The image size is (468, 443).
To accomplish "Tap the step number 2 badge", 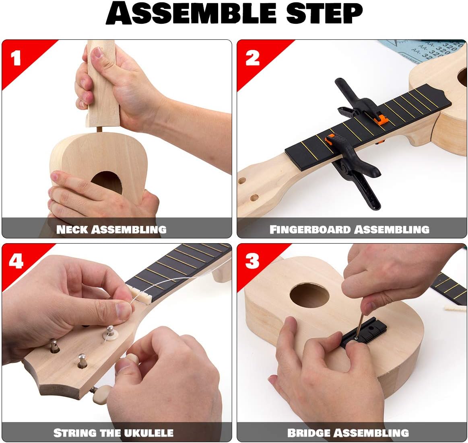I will pos(253,58).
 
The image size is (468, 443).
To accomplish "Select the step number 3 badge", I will pos(252,261).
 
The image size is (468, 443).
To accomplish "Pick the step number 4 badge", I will pos(16,261).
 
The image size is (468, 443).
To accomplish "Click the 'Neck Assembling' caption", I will pos(111,230).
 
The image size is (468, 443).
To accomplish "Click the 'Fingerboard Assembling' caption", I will pos(349,230).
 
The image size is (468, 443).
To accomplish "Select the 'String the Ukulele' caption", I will pos(113,433).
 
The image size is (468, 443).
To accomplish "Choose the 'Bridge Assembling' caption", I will pos(348,433).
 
